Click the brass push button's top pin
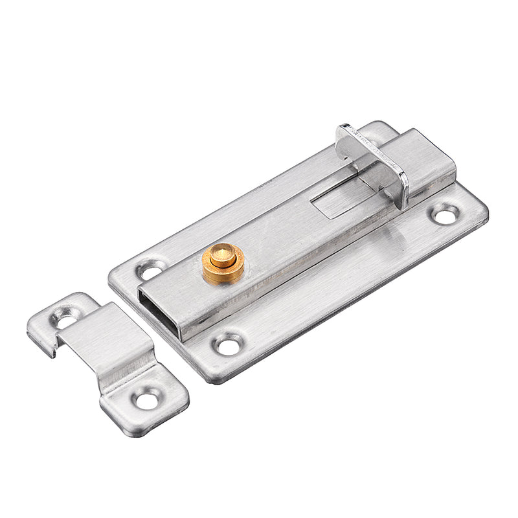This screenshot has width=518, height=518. [222, 254]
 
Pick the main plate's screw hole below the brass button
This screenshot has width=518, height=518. [228, 343]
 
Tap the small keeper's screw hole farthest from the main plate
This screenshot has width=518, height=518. [147, 400]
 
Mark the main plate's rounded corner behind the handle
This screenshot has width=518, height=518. [382, 127]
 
